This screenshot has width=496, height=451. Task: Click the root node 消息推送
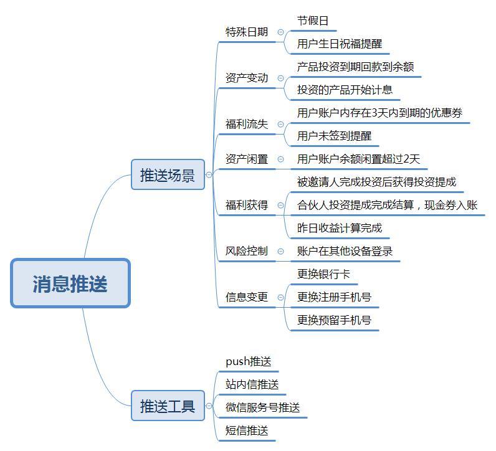(x=70, y=283)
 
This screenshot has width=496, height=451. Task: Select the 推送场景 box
(x=168, y=174)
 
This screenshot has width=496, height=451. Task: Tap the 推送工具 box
(x=168, y=406)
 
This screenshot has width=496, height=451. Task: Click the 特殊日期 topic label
(x=247, y=32)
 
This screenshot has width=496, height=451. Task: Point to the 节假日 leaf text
(x=313, y=21)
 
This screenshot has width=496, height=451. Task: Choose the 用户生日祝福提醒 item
(x=340, y=44)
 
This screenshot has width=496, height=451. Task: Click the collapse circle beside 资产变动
(x=280, y=78)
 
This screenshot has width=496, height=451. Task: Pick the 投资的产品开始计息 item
(x=345, y=90)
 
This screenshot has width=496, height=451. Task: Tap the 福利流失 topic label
(x=247, y=124)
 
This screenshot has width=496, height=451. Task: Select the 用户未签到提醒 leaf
(x=334, y=136)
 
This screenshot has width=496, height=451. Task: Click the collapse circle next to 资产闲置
(x=280, y=159)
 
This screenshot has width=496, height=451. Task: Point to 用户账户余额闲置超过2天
(x=358, y=159)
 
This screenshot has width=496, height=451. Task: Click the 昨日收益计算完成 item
(x=340, y=228)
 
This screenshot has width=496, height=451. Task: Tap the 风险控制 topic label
(x=247, y=251)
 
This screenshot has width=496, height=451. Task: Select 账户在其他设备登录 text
(x=345, y=251)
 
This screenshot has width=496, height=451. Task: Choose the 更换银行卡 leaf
(x=323, y=274)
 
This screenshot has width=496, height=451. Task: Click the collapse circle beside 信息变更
(x=280, y=297)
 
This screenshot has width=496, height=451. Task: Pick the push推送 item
(x=249, y=361)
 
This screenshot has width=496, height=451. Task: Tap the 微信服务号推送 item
(x=262, y=407)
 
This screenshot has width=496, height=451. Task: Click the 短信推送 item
(x=247, y=430)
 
